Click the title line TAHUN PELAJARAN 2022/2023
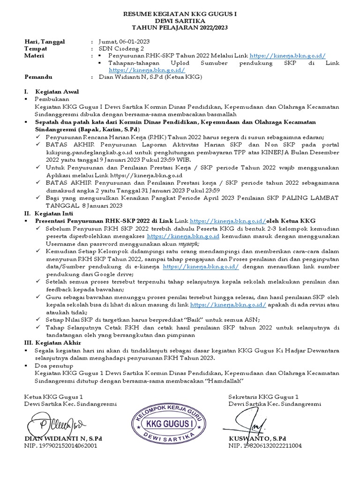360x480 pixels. (x=180, y=28)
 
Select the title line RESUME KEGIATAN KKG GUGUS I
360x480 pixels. (x=180, y=15)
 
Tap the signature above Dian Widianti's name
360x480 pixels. (x=55, y=425)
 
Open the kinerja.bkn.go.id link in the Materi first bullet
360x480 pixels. (x=287, y=56)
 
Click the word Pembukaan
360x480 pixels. (x=52, y=99)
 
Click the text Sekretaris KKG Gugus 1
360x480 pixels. (x=263, y=397)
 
